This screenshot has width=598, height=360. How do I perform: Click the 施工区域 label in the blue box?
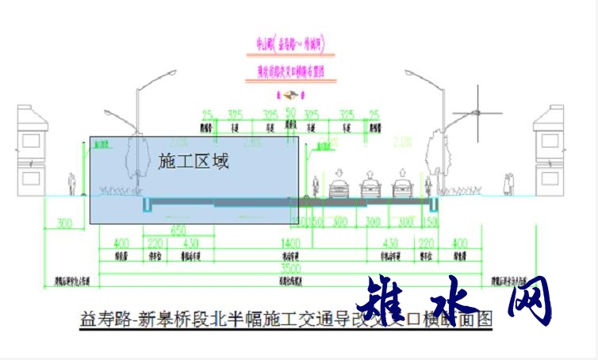194,162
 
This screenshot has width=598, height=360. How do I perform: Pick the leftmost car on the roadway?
339,190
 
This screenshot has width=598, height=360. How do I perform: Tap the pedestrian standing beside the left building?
71,184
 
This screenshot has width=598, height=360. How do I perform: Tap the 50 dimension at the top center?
290,113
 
